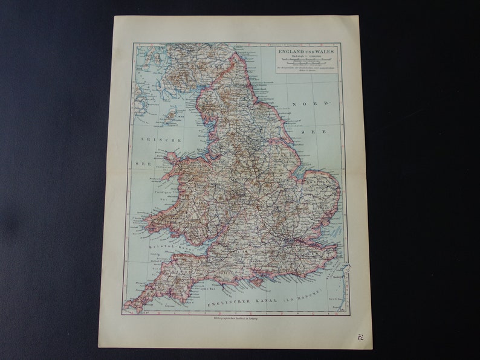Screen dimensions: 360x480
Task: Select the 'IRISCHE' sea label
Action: point(152,140)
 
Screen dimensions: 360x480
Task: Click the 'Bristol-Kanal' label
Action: point(166,246)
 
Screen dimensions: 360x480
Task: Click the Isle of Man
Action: point(172,114)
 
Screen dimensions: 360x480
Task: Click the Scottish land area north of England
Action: point(181,66)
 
